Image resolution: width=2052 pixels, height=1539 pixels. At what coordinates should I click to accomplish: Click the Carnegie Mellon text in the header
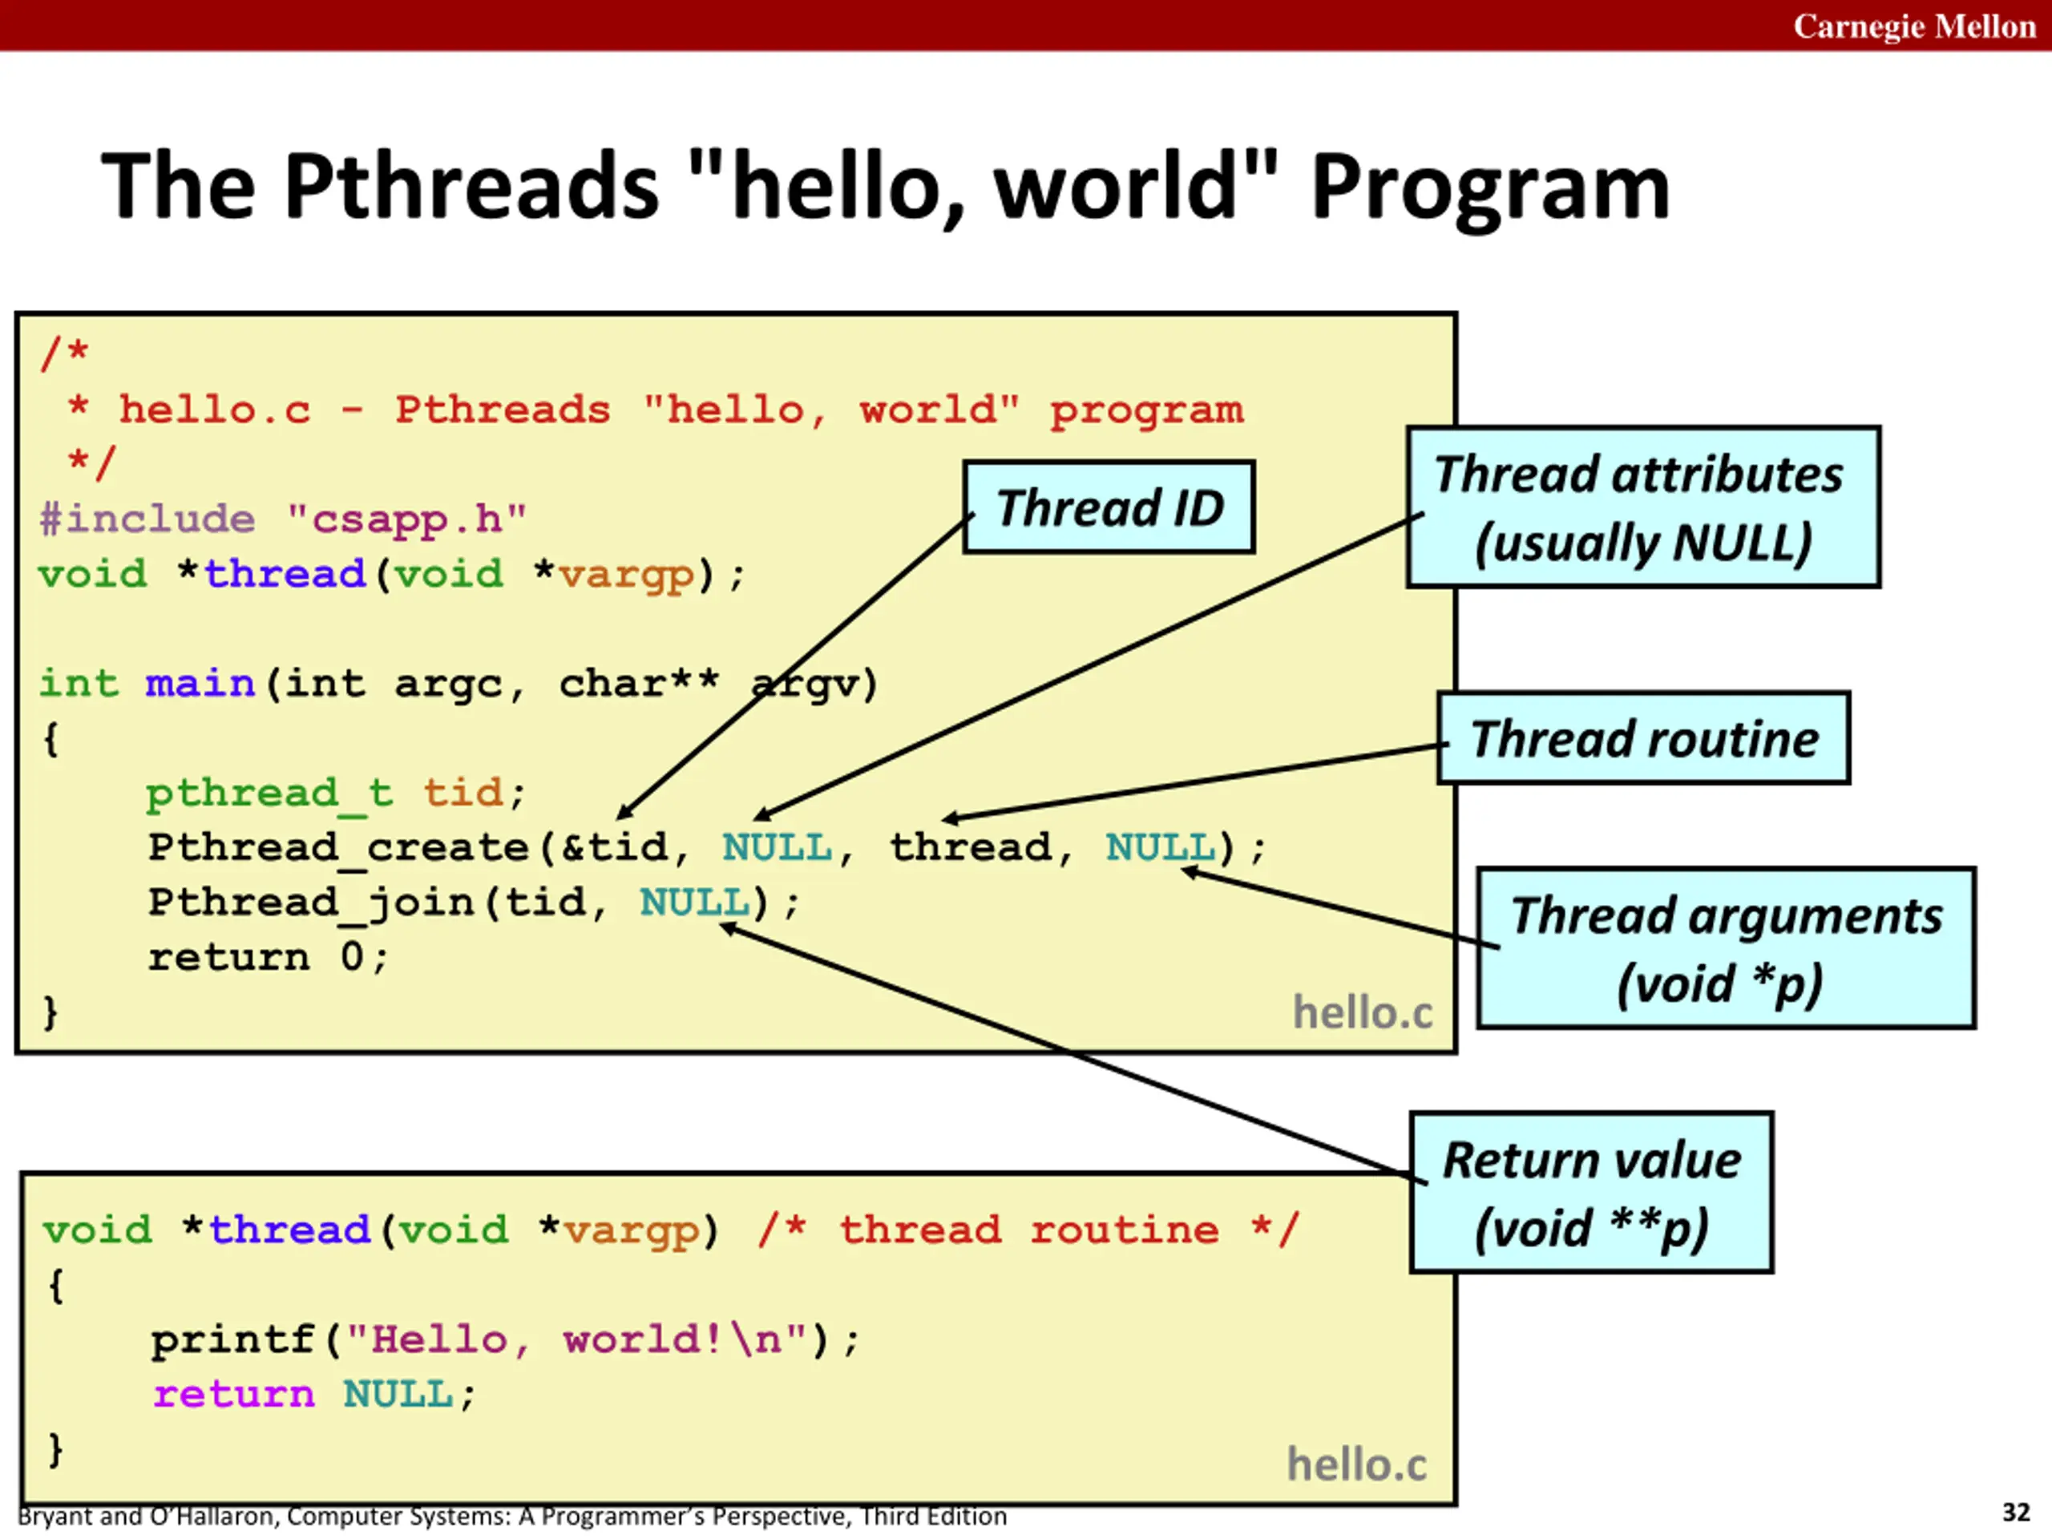[x=1914, y=26]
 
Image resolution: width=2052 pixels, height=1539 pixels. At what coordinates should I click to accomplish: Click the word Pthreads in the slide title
[x=471, y=188]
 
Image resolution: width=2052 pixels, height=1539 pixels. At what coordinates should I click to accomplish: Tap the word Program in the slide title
[x=1490, y=188]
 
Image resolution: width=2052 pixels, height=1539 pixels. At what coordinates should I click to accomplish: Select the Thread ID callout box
[x=1109, y=507]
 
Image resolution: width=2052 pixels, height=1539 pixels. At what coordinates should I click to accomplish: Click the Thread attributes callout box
[x=1643, y=507]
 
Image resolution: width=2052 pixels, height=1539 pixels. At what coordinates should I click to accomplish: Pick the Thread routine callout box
[x=1643, y=738]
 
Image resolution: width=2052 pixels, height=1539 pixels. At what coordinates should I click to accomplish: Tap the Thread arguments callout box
[x=1726, y=948]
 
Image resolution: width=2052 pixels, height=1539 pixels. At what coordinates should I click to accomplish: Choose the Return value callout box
[x=1591, y=1192]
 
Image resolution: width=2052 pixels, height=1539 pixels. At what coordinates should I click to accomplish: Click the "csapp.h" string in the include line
[x=406, y=519]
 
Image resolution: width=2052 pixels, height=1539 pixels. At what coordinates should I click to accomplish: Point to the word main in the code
[x=200, y=684]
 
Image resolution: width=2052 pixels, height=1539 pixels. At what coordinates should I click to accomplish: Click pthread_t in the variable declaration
[x=269, y=794]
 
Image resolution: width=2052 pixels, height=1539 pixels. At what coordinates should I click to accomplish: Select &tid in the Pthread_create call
[x=615, y=847]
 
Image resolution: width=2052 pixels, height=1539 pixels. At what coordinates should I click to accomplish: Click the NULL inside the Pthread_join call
[x=694, y=902]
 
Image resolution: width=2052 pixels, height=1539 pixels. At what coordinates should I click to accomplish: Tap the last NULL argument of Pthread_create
[x=1160, y=847]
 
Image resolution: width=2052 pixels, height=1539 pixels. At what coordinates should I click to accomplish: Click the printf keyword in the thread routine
[x=232, y=1339]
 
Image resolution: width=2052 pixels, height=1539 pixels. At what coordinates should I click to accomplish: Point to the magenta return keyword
[x=234, y=1394]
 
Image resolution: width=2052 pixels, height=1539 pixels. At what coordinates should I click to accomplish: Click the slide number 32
[x=2016, y=1512]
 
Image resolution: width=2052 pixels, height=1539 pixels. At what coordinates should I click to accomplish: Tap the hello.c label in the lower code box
[x=1356, y=1464]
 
